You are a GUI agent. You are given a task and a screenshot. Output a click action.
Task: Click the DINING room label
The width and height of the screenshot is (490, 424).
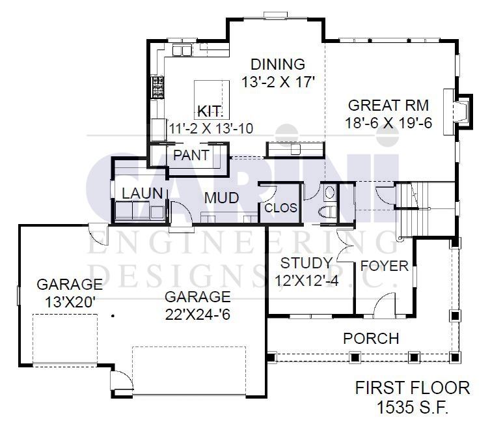pyautogui.click(x=278, y=64)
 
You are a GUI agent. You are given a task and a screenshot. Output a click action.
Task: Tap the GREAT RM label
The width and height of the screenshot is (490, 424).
pyautogui.click(x=388, y=106)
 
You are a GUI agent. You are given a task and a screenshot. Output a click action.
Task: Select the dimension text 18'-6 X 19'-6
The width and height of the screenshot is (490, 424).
pyautogui.click(x=388, y=123)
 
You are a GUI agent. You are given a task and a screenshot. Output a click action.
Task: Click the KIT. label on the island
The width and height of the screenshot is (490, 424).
pyautogui.click(x=210, y=111)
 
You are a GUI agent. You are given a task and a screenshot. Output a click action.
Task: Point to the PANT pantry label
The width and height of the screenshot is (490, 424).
pyautogui.click(x=191, y=155)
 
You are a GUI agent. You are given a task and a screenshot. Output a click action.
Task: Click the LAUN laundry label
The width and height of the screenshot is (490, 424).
pyautogui.click(x=143, y=193)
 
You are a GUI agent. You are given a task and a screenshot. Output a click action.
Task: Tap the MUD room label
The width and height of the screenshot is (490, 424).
pyautogui.click(x=221, y=198)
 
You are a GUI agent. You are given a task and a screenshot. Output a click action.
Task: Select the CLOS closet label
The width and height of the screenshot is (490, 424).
pyautogui.click(x=280, y=208)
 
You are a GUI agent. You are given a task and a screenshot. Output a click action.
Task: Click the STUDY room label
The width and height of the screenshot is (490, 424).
pyautogui.click(x=306, y=263)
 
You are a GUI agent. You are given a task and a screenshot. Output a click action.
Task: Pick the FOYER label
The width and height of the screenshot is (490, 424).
pyautogui.click(x=385, y=266)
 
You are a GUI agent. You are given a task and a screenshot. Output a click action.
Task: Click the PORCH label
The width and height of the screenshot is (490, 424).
pyautogui.click(x=371, y=339)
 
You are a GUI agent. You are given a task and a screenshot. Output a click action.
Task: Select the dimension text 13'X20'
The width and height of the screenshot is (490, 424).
pyautogui.click(x=70, y=302)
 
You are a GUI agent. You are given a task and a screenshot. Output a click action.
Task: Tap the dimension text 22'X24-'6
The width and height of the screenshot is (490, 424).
pyautogui.click(x=198, y=315)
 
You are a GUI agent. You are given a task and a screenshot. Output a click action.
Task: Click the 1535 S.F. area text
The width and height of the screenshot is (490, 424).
pyautogui.click(x=413, y=407)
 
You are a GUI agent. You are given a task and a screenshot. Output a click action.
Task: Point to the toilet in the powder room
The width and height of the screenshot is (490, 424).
pyautogui.click(x=327, y=212)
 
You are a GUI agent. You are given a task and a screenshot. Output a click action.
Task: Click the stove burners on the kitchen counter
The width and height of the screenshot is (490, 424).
pyautogui.click(x=158, y=87)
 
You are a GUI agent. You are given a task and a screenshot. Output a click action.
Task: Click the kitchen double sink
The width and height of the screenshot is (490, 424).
pyautogui.click(x=182, y=50)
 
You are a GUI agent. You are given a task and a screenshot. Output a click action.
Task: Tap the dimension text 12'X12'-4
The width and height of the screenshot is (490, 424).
pyautogui.click(x=306, y=281)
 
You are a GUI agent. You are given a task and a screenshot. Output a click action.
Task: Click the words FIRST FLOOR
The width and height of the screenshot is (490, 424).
pyautogui.click(x=413, y=388)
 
